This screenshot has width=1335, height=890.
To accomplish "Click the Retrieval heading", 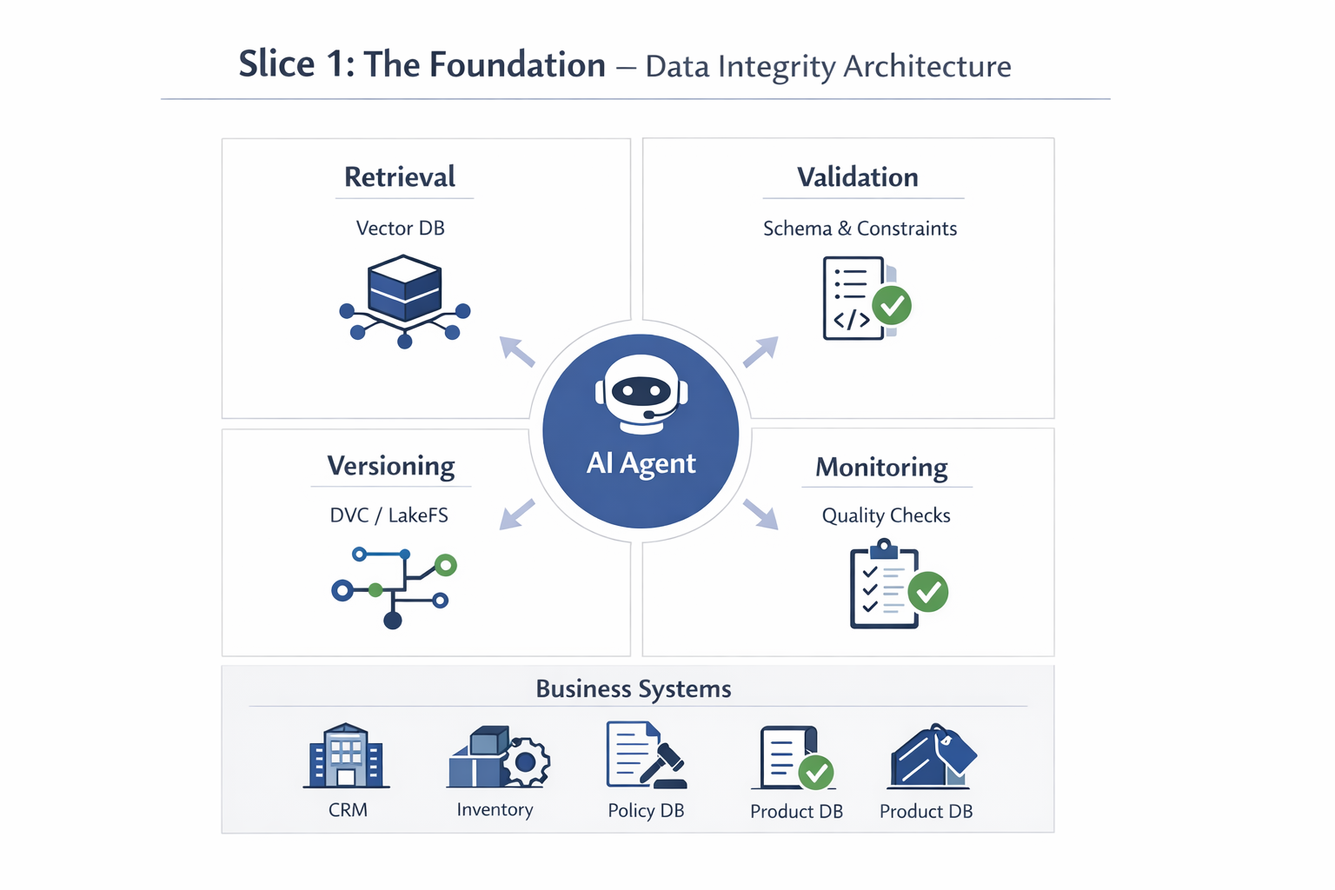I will [400, 177].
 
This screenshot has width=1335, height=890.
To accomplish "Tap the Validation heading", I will [858, 177].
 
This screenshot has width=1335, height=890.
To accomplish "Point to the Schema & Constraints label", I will [860, 229].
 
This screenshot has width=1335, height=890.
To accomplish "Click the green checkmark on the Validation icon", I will [892, 305].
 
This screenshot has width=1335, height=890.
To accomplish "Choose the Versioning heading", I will [391, 467].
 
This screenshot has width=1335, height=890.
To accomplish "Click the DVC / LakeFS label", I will [389, 515].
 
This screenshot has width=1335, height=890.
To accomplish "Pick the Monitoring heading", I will [881, 468].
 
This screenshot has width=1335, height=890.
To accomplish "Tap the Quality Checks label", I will [886, 515].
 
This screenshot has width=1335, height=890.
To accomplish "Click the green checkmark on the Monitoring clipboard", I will [928, 592].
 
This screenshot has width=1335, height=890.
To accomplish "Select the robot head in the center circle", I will [641, 393].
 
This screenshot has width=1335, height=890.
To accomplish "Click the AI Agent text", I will [641, 463].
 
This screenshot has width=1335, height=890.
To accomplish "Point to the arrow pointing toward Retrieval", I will [517, 351].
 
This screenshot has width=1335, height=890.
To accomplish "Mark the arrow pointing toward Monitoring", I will [761, 514].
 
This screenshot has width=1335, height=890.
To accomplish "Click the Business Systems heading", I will [634, 689].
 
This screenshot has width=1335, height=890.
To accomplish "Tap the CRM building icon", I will [346, 756].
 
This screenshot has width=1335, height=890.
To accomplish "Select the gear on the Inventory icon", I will [524, 762].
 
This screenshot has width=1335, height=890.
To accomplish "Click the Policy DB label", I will [646, 811].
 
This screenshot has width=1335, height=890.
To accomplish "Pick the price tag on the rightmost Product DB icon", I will [955, 749].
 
